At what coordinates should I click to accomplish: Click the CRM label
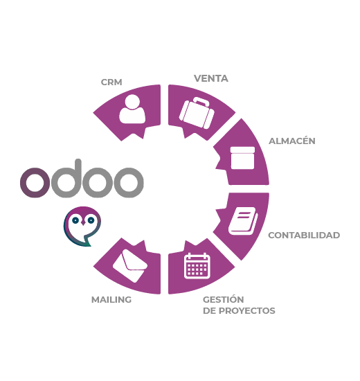click(111, 82)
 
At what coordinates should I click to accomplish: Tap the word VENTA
click(211, 78)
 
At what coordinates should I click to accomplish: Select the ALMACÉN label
click(292, 140)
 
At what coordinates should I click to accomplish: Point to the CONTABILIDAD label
click(304, 236)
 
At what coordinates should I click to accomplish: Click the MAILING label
click(111, 299)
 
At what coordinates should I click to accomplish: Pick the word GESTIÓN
click(223, 299)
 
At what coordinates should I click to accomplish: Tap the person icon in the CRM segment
click(132, 109)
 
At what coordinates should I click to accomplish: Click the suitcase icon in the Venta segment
click(197, 113)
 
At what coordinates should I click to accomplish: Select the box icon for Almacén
click(242, 158)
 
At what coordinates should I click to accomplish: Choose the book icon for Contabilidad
click(243, 221)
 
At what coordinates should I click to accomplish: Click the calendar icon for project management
click(197, 266)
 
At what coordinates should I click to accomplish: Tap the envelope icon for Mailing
click(130, 266)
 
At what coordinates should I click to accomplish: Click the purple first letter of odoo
click(35, 183)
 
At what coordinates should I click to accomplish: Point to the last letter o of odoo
click(129, 183)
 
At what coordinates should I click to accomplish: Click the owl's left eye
click(75, 220)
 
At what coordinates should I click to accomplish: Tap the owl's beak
click(83, 222)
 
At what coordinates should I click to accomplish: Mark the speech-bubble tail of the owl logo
click(87, 242)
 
